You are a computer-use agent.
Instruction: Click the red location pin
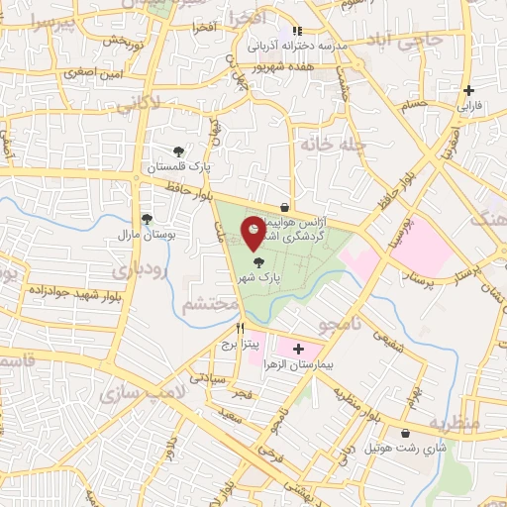(253, 232)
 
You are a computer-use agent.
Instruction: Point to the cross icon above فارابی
(468, 90)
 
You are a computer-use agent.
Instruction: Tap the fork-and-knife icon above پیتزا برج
(240, 328)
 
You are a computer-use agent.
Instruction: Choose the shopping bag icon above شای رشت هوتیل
(407, 433)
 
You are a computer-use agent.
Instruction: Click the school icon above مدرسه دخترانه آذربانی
(297, 31)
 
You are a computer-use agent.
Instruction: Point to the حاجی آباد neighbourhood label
(402, 40)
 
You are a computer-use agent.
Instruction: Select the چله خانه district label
(333, 145)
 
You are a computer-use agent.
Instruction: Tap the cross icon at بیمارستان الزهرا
(298, 350)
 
